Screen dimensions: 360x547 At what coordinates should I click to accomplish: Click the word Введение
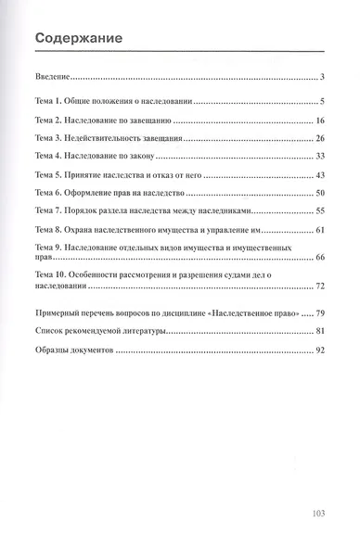[51, 77]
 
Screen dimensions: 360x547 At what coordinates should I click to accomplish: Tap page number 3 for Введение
[319, 77]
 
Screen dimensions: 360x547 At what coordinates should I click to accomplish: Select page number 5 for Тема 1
[319, 100]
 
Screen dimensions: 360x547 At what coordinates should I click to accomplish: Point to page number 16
[317, 121]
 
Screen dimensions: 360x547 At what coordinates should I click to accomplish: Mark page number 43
[317, 175]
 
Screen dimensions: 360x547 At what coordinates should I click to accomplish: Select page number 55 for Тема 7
[317, 210]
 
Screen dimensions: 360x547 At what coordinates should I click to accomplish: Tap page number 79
[317, 314]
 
